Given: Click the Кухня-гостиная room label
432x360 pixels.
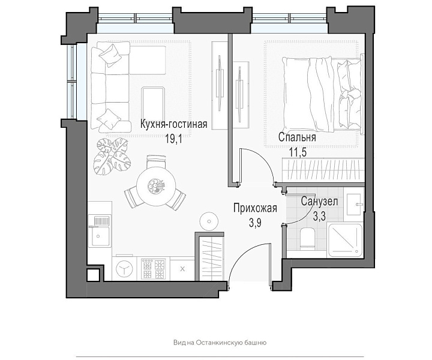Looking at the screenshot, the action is coord(173,124).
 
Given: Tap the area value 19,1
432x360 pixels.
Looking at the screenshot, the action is coord(173,139).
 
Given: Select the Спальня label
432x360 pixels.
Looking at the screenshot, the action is coord(297,137).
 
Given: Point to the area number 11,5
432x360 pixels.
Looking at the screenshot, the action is coord(298,152).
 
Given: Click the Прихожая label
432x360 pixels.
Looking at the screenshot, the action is coord(255,208).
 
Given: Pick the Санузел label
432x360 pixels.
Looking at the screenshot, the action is coord(319,202).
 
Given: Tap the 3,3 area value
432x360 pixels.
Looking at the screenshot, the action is coord(319,216).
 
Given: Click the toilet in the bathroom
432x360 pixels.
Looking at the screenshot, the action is coord(307,237).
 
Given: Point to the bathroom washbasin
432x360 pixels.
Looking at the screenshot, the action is coord(354,205).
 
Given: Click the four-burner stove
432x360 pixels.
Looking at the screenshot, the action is coord(153,269).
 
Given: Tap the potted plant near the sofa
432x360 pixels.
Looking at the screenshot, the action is coord(111,155).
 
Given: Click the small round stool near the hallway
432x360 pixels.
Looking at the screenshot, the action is coord(209,221).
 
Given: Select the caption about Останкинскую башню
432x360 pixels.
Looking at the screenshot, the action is coord(220,343).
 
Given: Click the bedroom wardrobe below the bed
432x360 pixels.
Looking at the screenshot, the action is coord(322,170).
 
